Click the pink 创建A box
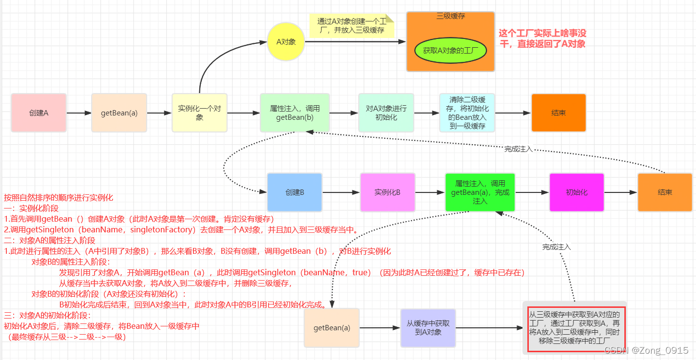[39, 113]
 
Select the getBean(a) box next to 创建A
[119, 113]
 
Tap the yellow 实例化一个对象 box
[199, 113]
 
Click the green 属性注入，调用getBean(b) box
[294, 113]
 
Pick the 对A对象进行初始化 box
[386, 113]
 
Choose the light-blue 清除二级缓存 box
[466, 113]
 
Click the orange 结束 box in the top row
[559, 113]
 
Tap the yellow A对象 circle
[286, 42]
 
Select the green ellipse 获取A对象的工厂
[450, 50]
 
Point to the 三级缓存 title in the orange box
[450, 16]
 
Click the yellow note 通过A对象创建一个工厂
[351, 26]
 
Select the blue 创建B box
[294, 192]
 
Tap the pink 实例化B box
[387, 192]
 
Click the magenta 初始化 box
[577, 192]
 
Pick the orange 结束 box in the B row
[665, 192]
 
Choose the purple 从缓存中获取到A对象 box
[428, 328]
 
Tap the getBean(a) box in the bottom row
[331, 328]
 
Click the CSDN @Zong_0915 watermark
[646, 350]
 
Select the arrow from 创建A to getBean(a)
[78, 113]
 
